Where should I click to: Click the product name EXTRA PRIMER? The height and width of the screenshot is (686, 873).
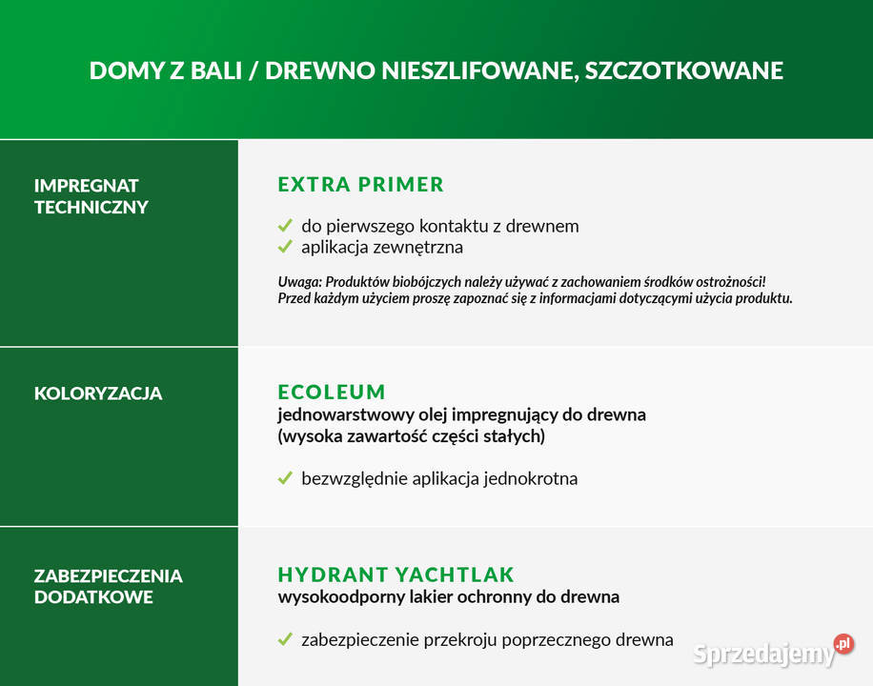[x=360, y=185]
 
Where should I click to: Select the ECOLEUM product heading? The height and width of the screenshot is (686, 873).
[x=331, y=392]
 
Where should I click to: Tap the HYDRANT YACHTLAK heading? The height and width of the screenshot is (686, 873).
[x=396, y=575]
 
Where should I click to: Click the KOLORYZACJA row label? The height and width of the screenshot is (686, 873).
[x=98, y=393]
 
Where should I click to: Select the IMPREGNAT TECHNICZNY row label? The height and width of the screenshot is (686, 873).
[x=91, y=195]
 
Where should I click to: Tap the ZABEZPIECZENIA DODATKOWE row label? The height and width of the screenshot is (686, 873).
[x=108, y=587]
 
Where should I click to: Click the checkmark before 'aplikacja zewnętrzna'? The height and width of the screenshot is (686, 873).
[x=284, y=247]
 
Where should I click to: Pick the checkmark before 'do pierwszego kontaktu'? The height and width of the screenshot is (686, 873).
[x=284, y=226]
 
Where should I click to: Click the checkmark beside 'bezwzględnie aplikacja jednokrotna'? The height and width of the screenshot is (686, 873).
[x=284, y=478]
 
